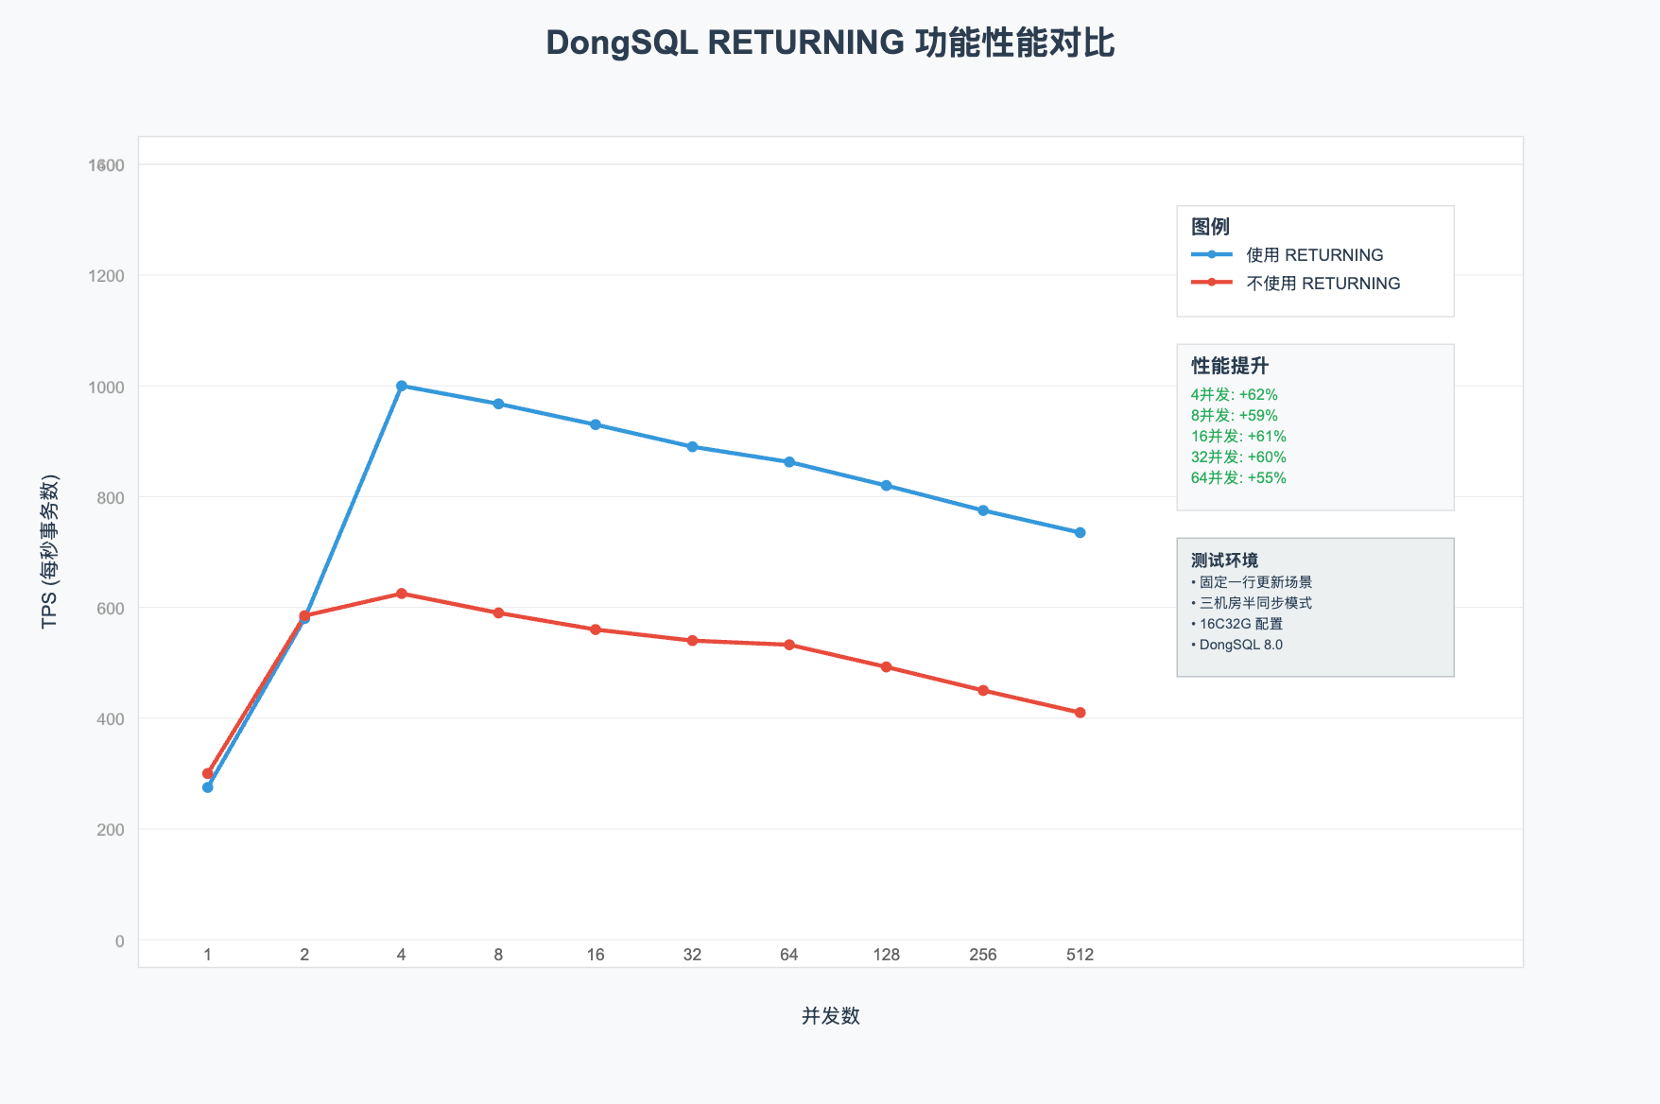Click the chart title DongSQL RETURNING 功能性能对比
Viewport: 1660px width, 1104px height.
(x=830, y=43)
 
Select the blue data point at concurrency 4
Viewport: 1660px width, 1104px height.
(x=402, y=386)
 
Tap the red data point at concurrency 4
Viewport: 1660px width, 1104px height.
(x=402, y=594)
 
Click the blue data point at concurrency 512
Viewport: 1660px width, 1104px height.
(x=1080, y=533)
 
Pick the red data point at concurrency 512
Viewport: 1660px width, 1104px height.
(x=1080, y=713)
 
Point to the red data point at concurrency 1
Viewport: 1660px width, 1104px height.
(x=208, y=773)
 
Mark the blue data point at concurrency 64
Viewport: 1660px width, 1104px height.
(x=789, y=462)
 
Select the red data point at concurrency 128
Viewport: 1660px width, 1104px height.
(x=886, y=667)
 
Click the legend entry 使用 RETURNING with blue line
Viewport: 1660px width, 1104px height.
(x=1314, y=255)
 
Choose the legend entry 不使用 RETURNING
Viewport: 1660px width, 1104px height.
(x=1323, y=284)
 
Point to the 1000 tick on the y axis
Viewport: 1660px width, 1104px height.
(x=107, y=388)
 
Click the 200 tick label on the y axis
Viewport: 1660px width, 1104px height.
(x=112, y=830)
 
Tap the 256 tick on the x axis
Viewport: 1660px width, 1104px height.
(x=983, y=955)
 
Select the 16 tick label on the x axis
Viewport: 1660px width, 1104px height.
(x=596, y=955)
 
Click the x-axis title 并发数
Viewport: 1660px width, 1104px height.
(x=830, y=1016)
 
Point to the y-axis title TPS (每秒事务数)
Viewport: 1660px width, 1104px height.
(x=49, y=552)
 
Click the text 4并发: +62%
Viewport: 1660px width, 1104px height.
(x=1234, y=395)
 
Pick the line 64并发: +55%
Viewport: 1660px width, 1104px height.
(x=1238, y=478)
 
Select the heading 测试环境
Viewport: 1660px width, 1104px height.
(x=1224, y=561)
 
